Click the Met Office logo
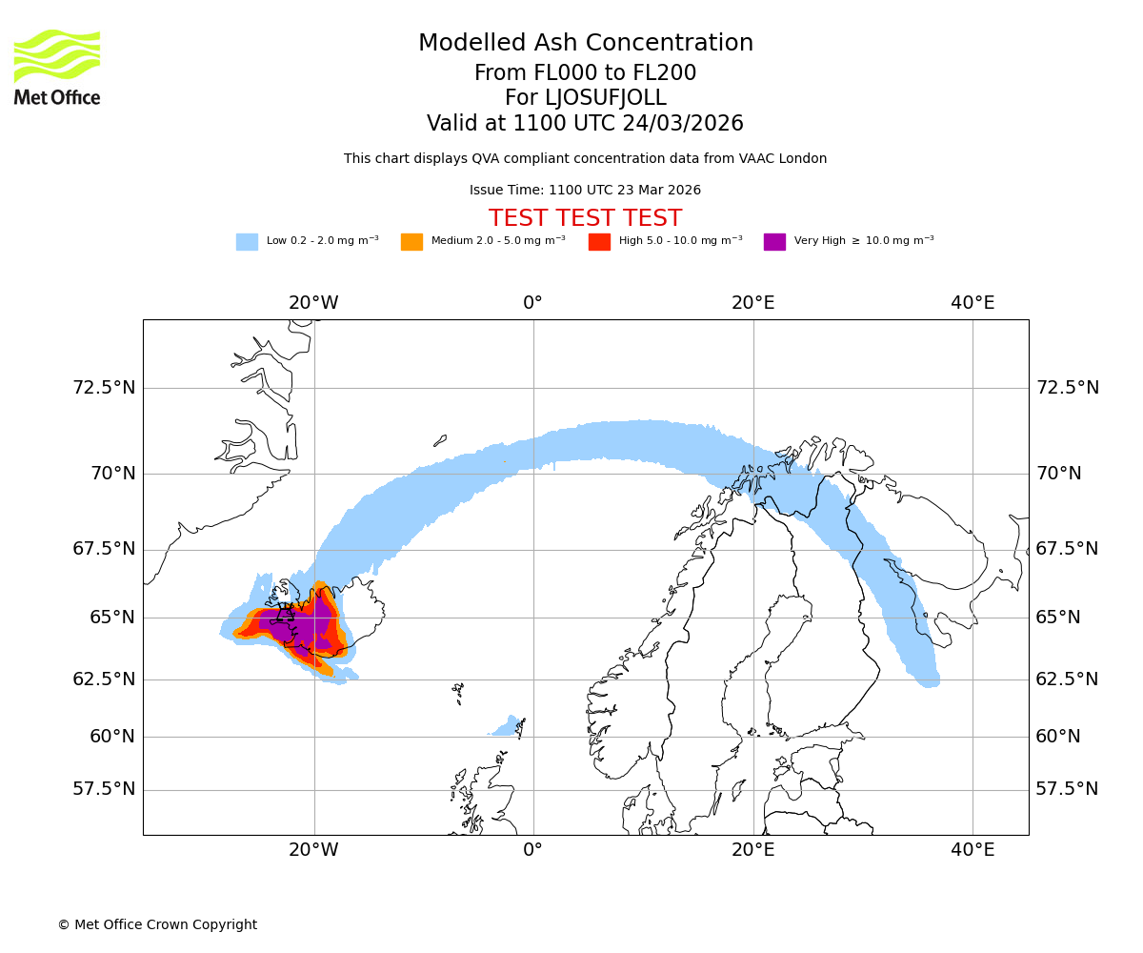tap(57, 67)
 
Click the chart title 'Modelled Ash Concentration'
tap(586, 44)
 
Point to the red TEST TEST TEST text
tap(586, 218)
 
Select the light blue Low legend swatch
tap(247, 242)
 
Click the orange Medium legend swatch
tap(411, 242)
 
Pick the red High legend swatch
tap(599, 242)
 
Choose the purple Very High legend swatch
tap(774, 242)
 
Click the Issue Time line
tap(586, 191)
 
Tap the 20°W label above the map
tap(313, 303)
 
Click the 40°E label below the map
tap(973, 850)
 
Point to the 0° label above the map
tap(533, 303)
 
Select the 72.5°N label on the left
tap(104, 388)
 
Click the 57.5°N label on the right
tap(1067, 789)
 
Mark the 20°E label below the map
tap(753, 850)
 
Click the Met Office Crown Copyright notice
tap(157, 924)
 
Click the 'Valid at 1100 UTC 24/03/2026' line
tap(586, 124)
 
